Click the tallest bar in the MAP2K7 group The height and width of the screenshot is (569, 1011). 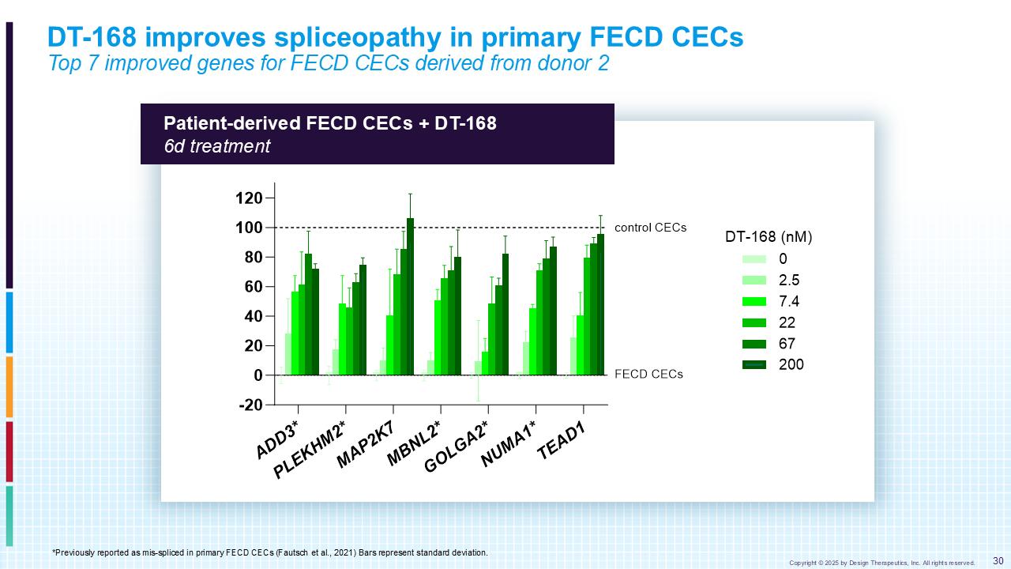tap(410, 296)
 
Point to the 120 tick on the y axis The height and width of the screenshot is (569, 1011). tap(249, 198)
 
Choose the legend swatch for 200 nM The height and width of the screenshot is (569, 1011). tap(754, 364)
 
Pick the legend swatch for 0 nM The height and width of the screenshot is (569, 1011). tap(754, 258)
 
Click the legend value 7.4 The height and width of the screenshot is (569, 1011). tap(790, 301)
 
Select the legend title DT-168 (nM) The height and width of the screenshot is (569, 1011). tap(769, 236)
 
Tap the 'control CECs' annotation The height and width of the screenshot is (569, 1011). tap(650, 228)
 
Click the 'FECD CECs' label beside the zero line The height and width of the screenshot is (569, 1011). tap(648, 375)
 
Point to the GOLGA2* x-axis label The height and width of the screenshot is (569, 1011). tap(456, 447)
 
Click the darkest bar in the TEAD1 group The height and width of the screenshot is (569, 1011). tap(600, 304)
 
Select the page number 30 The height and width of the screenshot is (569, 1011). tap(998, 561)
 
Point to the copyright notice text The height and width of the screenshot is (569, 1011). tap(881, 563)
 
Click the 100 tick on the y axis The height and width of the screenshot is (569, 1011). tap(249, 228)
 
